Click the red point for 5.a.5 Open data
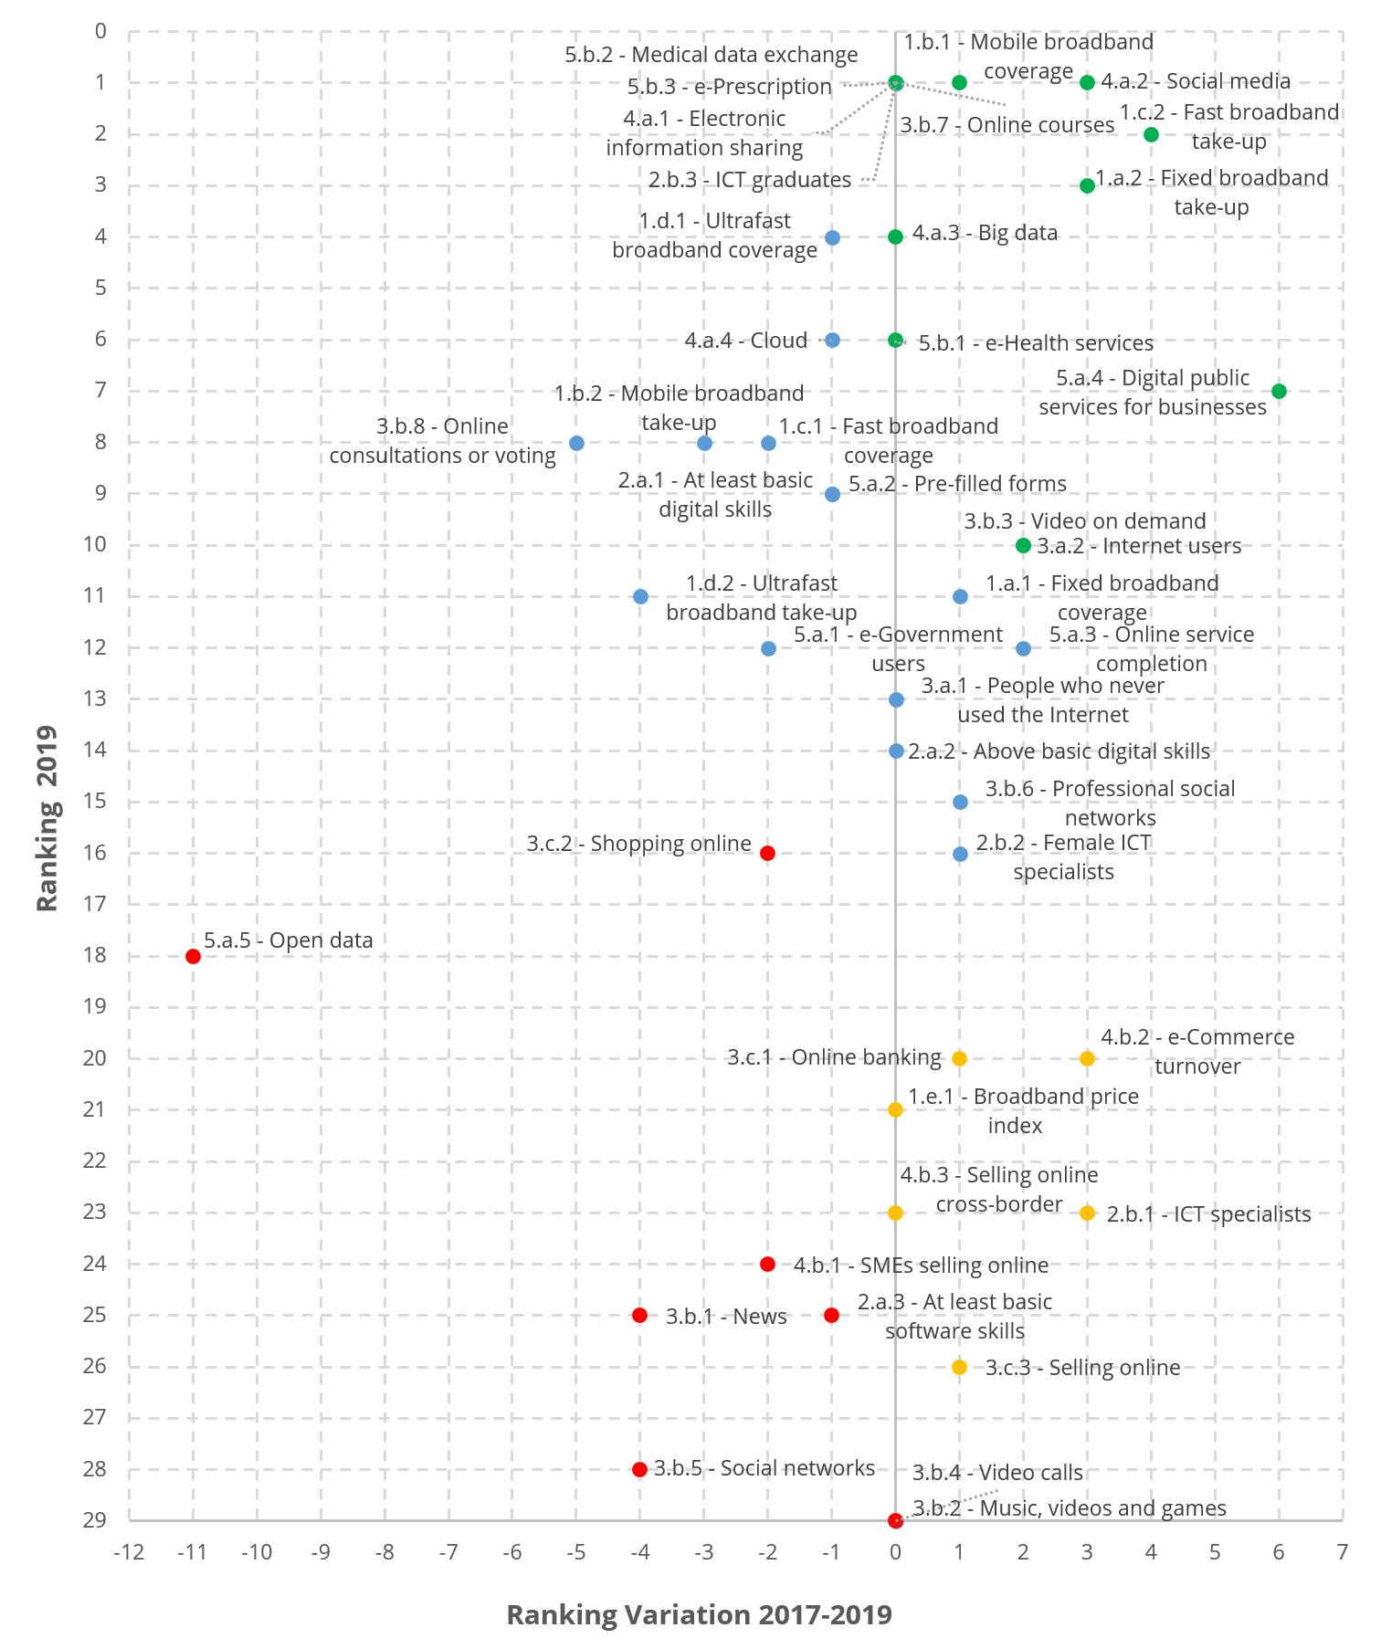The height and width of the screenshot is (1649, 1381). (193, 956)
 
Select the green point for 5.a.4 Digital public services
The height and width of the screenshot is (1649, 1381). (1279, 391)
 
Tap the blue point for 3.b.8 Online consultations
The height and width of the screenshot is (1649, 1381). (576, 443)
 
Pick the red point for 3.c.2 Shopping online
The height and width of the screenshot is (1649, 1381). (767, 853)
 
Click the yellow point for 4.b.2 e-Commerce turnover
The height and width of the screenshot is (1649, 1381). (1087, 1058)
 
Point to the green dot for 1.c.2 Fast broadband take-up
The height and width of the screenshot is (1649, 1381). (1151, 134)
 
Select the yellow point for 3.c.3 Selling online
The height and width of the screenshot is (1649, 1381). (959, 1367)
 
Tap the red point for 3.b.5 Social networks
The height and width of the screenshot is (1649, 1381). (639, 1469)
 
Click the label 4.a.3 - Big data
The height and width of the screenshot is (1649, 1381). (985, 233)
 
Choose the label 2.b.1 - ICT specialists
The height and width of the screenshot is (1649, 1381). (1208, 1214)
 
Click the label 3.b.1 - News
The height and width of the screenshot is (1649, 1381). (726, 1317)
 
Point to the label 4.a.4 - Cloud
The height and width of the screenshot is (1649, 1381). (746, 341)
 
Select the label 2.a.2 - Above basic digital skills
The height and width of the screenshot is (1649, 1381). (1059, 751)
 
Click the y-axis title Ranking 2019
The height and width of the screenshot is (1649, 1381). (47, 818)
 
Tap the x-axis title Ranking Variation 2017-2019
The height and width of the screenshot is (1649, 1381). (699, 1614)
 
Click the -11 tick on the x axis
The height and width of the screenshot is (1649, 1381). (193, 1552)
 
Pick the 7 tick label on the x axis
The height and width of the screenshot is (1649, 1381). (1342, 1552)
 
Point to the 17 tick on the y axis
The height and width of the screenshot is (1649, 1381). (95, 904)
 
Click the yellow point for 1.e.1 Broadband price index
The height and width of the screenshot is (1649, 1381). (895, 1109)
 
